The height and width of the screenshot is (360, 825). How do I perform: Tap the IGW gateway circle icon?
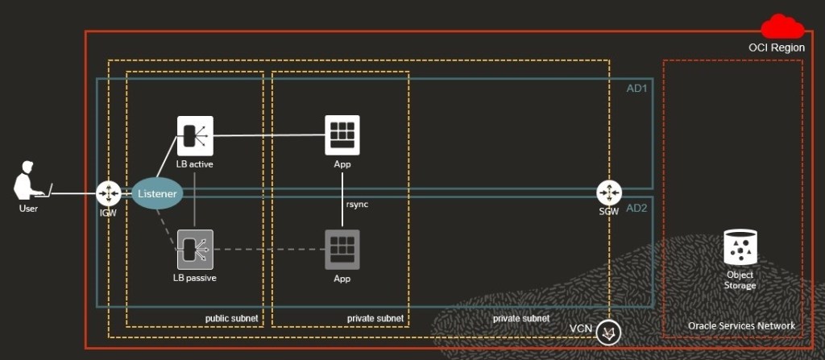point(108,193)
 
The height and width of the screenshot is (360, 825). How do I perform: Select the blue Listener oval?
point(157,194)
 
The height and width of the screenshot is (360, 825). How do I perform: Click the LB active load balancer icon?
point(195,135)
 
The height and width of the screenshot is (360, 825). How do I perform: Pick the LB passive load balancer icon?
point(195,250)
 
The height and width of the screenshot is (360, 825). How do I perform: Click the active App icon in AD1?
point(342,134)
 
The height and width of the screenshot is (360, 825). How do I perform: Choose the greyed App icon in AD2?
point(342,250)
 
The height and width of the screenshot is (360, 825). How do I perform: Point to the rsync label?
point(358,205)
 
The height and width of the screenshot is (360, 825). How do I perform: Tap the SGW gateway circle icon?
point(609,193)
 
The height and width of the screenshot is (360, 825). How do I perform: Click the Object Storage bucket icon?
point(740,249)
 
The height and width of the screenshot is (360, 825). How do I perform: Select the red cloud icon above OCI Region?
point(783,27)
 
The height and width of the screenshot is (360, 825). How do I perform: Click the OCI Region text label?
point(776,48)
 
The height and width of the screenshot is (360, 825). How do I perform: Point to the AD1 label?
point(636,88)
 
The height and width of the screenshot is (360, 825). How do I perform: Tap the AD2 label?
point(636,208)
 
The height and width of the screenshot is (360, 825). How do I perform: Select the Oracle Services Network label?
point(741,325)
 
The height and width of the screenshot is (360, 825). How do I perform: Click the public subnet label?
point(231,319)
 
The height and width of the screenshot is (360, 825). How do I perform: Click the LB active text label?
point(195,164)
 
